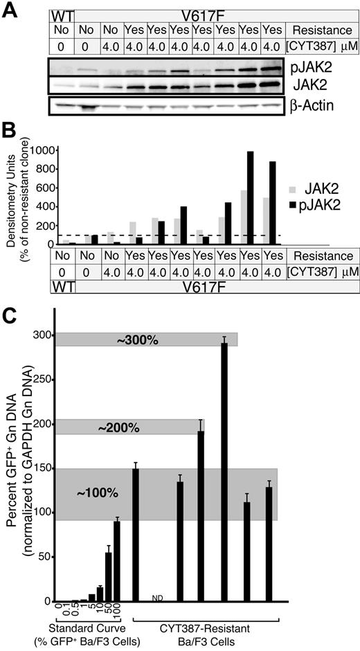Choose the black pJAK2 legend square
click(x=292, y=204)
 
